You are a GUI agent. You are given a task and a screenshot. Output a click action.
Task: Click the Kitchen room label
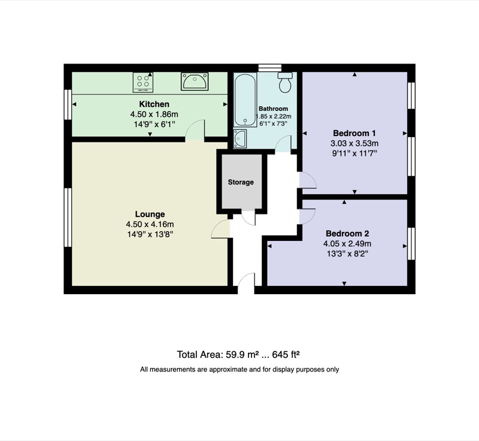click(x=146, y=104)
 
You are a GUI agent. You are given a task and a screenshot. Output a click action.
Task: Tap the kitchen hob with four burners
click(x=143, y=82)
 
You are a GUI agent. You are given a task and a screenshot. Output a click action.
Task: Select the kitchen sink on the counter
click(x=193, y=81)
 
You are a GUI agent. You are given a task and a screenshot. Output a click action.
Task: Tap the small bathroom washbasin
click(x=240, y=138)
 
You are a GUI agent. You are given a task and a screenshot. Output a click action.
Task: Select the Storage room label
click(x=241, y=182)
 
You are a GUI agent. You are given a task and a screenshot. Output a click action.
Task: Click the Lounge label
click(x=150, y=214)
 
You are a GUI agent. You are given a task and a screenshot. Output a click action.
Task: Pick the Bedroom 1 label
click(x=354, y=133)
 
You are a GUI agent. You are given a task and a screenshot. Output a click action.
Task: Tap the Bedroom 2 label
click(x=348, y=234)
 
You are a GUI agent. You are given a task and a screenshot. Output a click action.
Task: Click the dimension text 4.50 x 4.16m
click(x=150, y=224)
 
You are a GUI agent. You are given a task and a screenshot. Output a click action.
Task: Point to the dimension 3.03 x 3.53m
click(x=354, y=143)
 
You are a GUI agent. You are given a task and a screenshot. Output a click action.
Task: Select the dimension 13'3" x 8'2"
click(x=348, y=253)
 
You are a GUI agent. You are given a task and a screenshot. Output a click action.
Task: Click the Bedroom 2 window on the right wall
click(x=411, y=243)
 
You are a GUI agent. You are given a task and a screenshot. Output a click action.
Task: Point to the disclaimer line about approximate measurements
click(x=239, y=369)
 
